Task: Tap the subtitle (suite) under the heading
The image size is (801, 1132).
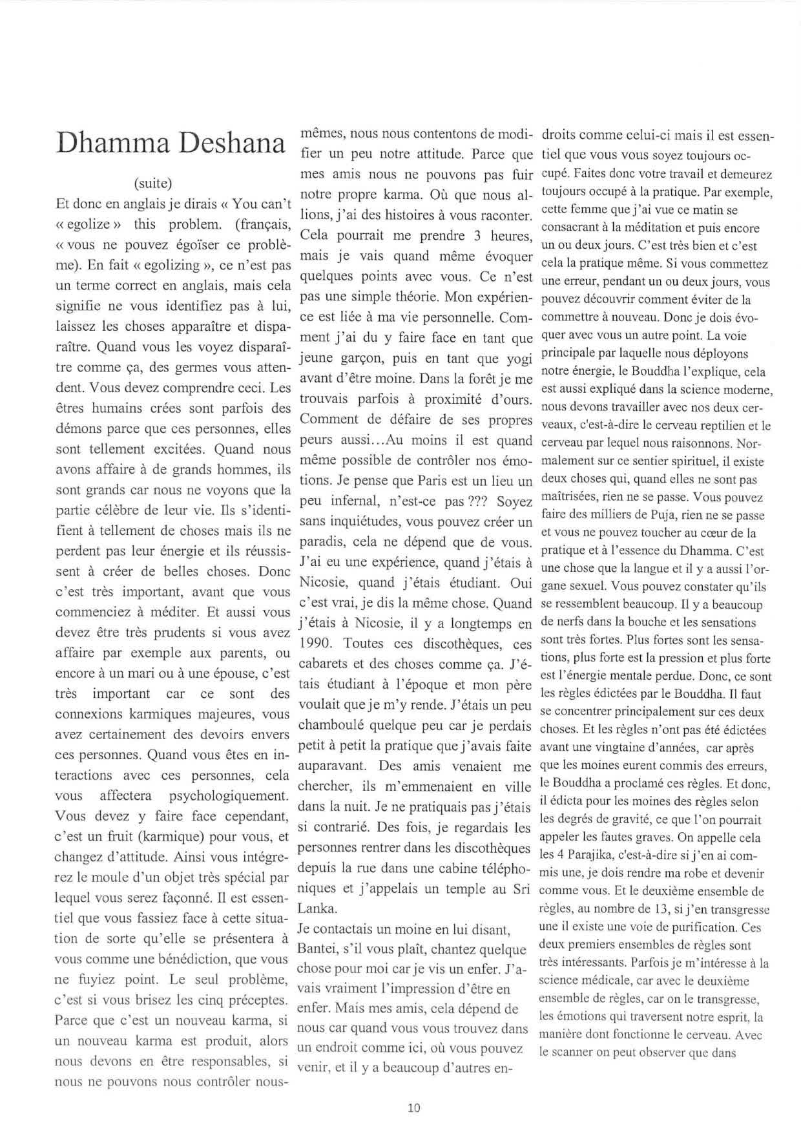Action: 152,182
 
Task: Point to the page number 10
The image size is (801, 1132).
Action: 414,1107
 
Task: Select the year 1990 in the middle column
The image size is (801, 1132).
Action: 317,644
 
